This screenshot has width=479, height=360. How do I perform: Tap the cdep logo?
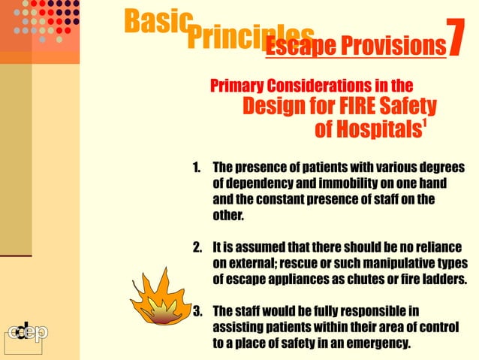click(x=27, y=333)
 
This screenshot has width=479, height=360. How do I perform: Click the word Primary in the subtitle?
click(x=239, y=84)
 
